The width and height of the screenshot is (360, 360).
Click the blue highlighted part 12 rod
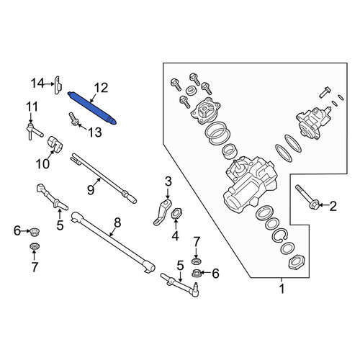click(92, 108)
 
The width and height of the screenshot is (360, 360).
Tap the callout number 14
click(37, 84)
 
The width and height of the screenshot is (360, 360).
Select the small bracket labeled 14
click(58, 85)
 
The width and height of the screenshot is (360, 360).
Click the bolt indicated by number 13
click(73, 119)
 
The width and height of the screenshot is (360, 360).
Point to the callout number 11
click(32, 107)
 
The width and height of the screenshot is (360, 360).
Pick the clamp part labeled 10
click(55, 145)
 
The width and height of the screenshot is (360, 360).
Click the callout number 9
click(91, 190)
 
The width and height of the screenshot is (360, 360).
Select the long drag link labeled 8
click(113, 243)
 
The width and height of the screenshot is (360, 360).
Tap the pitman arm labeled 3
click(163, 212)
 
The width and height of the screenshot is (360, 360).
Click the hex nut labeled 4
click(176, 213)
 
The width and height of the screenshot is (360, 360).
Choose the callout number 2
click(333, 206)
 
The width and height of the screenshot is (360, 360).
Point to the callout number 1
click(282, 288)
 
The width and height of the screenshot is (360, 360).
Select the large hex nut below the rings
click(296, 262)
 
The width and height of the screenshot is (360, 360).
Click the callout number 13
click(94, 132)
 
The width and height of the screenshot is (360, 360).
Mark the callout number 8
click(117, 222)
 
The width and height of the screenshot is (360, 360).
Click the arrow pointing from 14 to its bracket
click(50, 84)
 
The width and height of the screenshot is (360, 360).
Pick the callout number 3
click(168, 181)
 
